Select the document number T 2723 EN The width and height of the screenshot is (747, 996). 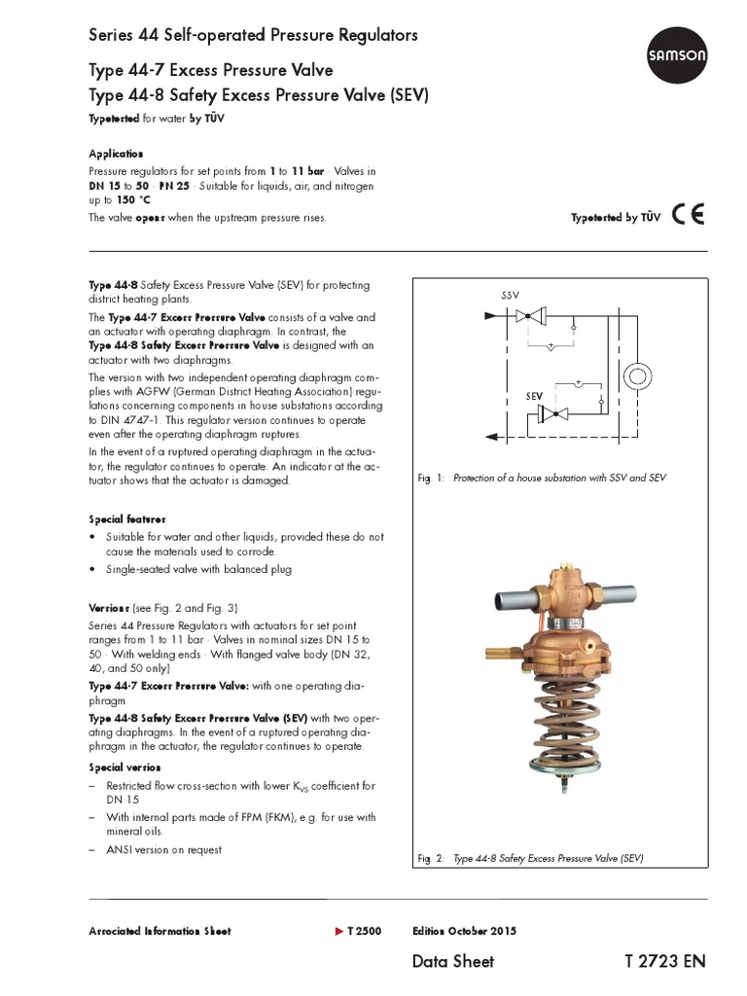(x=665, y=961)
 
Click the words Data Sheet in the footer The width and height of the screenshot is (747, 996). (x=453, y=961)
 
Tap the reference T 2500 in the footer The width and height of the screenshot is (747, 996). (x=364, y=931)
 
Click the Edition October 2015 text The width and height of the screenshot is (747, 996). (x=464, y=931)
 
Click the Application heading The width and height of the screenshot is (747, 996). (x=116, y=154)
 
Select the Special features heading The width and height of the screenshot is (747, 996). (x=127, y=519)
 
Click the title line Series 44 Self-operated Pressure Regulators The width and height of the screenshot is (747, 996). (x=253, y=35)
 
